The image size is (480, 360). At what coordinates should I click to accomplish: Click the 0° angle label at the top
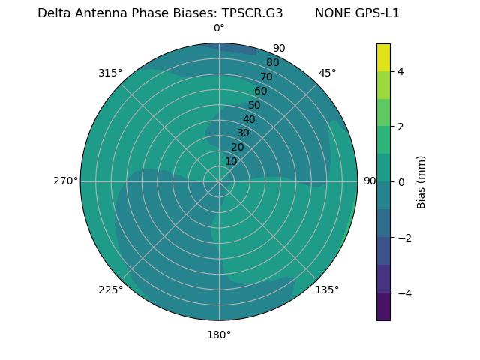click(x=219, y=28)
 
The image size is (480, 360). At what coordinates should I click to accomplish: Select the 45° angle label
click(x=327, y=73)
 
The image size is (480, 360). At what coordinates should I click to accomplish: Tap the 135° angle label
click(x=327, y=289)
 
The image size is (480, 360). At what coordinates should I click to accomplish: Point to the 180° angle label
click(x=219, y=334)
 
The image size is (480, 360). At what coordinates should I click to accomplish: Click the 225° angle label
click(x=110, y=289)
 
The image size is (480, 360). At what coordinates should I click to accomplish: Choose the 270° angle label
click(x=65, y=181)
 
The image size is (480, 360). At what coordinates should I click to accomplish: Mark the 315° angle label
click(x=110, y=73)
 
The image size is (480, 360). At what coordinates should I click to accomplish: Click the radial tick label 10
click(x=231, y=161)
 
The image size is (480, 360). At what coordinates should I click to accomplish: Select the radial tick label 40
click(x=249, y=119)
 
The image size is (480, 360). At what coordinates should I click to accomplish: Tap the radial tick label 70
click(x=266, y=76)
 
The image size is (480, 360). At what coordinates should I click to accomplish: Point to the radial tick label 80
click(x=272, y=63)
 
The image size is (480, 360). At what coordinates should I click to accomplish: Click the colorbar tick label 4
click(x=400, y=71)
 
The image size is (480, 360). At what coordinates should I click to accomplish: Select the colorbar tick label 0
click(x=400, y=182)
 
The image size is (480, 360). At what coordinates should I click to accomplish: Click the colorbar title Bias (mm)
click(x=421, y=182)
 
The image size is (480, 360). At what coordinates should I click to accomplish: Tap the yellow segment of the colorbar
click(x=383, y=58)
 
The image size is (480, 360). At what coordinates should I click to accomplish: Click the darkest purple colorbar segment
click(x=383, y=307)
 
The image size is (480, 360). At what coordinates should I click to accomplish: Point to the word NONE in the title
click(x=331, y=13)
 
